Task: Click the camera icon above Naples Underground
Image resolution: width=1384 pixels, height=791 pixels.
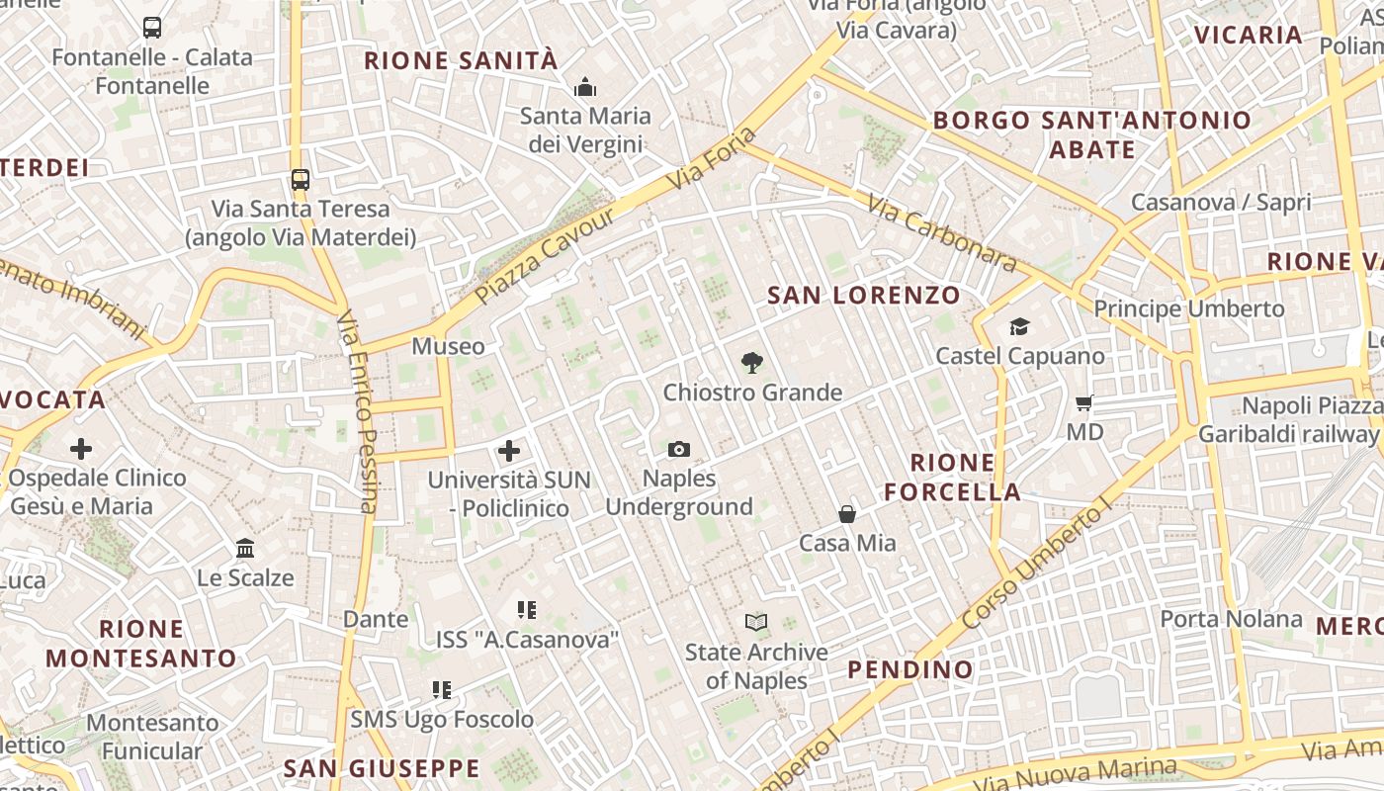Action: click(x=678, y=450)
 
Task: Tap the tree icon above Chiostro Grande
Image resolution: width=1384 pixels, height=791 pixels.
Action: click(x=751, y=363)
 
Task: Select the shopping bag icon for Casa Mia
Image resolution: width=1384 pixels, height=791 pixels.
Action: click(x=847, y=514)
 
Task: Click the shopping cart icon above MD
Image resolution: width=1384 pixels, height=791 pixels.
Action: click(x=1084, y=402)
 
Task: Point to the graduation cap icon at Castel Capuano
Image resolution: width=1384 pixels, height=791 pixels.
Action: click(x=1019, y=327)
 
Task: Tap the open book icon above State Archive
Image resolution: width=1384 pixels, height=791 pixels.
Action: click(x=756, y=622)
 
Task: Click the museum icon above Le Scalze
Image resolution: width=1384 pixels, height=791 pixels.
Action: click(x=245, y=548)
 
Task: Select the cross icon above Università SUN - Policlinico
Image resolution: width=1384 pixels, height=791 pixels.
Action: click(x=509, y=451)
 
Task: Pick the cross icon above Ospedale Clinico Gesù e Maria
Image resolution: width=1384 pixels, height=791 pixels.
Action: click(x=81, y=449)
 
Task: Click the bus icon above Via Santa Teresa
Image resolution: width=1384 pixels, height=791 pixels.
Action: click(x=301, y=180)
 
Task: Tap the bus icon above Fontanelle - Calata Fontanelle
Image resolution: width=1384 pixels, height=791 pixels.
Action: click(x=152, y=28)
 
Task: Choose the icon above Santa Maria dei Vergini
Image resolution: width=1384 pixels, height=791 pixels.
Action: click(x=585, y=87)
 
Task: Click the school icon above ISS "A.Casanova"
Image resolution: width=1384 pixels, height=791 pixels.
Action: click(x=527, y=610)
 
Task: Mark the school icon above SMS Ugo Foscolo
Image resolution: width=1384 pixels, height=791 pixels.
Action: click(x=442, y=689)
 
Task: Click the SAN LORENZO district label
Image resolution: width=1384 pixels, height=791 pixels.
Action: click(x=864, y=295)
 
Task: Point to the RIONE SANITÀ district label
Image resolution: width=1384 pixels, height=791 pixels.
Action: click(x=461, y=60)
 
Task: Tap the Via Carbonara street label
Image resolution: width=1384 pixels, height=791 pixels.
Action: click(x=941, y=233)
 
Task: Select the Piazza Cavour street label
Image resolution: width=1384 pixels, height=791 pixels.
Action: click(x=545, y=255)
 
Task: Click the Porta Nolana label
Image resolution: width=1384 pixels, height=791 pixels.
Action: click(x=1231, y=619)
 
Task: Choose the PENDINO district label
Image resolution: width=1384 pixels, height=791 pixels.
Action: click(x=910, y=669)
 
